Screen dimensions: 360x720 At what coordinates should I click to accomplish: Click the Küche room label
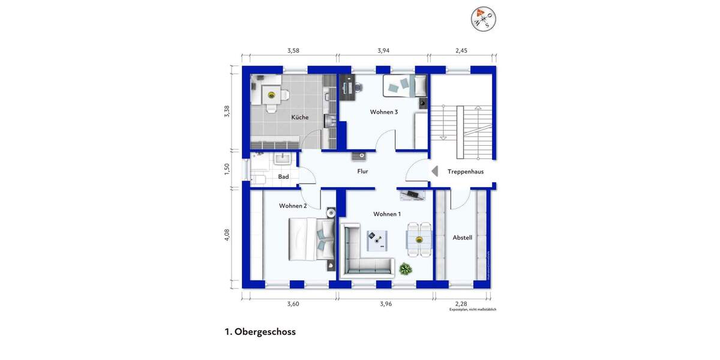(x=300, y=117)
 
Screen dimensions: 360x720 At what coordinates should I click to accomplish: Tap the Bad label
(x=283, y=176)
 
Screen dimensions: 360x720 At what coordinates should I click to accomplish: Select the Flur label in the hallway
(x=362, y=171)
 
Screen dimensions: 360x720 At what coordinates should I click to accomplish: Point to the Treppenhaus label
(x=466, y=172)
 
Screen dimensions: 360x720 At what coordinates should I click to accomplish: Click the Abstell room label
(x=462, y=238)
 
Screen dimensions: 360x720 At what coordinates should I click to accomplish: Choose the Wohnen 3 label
(x=384, y=112)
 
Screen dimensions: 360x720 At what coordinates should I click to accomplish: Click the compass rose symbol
(x=483, y=18)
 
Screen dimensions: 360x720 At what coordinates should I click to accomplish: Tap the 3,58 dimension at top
(x=293, y=51)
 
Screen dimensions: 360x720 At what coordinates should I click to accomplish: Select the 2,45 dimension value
(x=461, y=51)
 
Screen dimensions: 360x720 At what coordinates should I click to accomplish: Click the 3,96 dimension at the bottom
(x=386, y=304)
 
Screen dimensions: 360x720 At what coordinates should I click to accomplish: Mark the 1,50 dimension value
(x=227, y=169)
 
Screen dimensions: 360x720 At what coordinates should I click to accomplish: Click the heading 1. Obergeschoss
(x=260, y=332)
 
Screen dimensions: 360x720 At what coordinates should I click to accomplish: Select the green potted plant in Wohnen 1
(x=406, y=269)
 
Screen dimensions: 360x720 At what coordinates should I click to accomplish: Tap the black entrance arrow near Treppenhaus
(x=434, y=171)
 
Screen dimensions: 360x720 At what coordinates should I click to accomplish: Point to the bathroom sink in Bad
(x=282, y=159)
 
